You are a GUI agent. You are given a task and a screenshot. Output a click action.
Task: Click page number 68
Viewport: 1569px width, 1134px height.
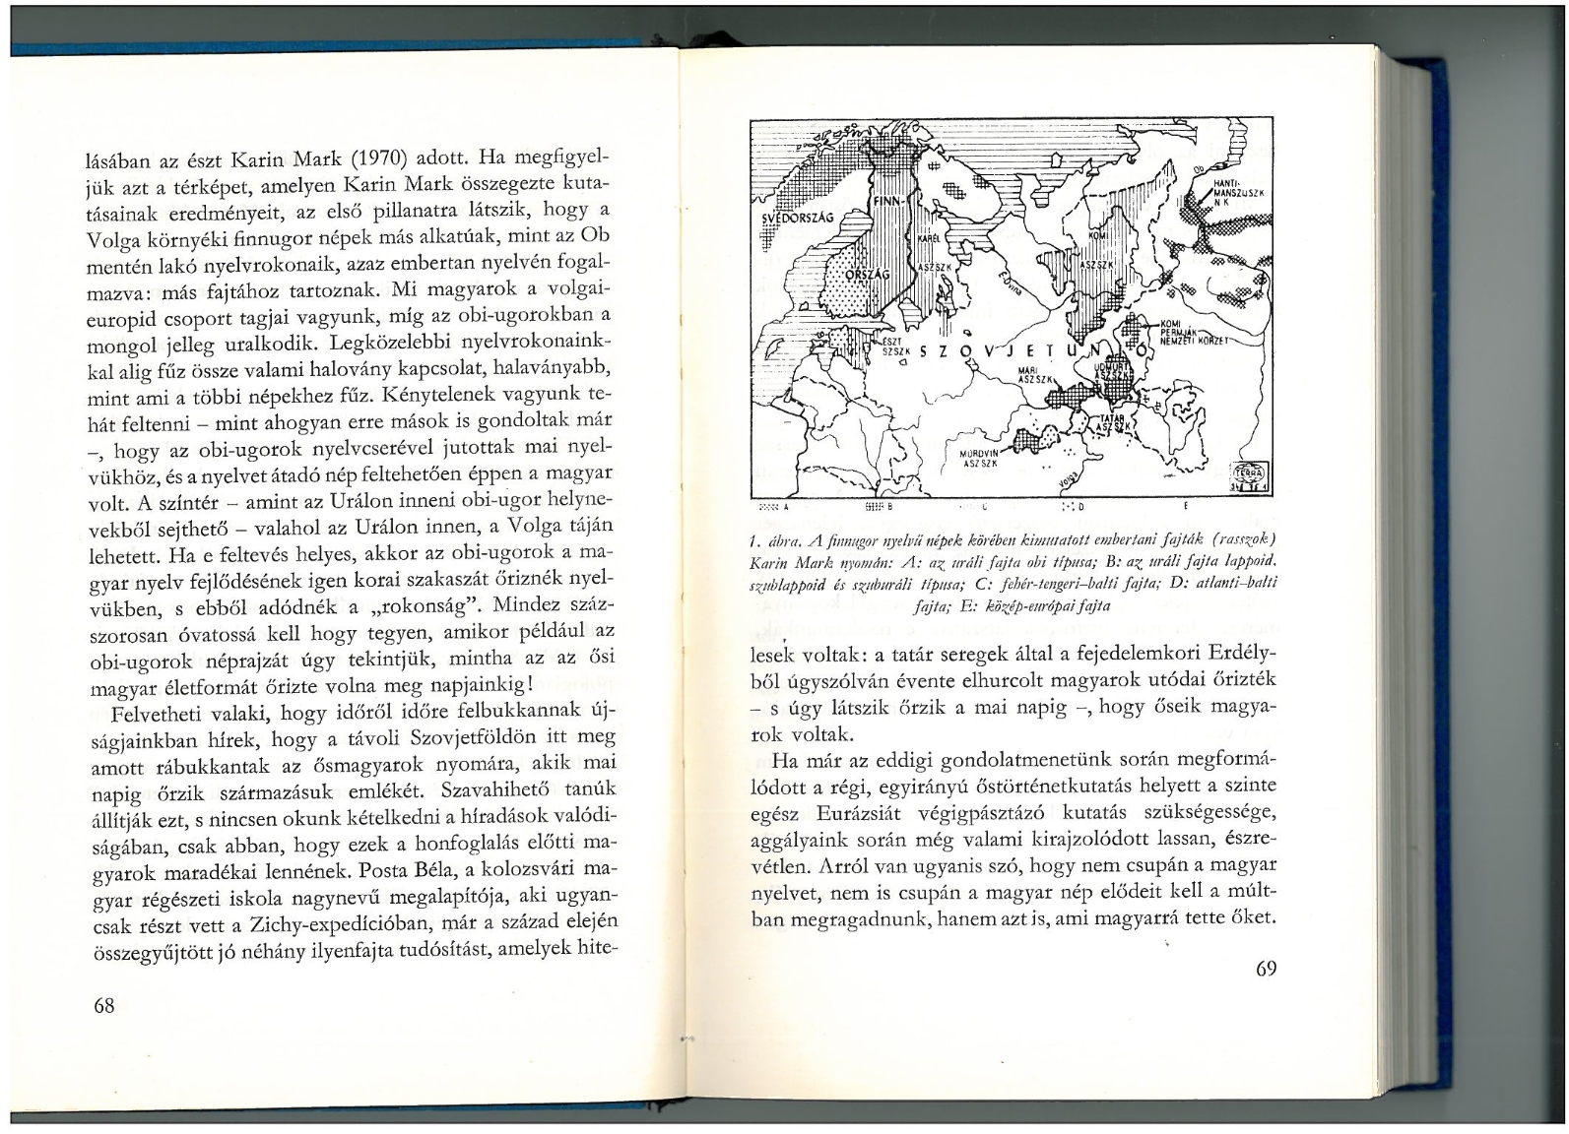click(103, 1005)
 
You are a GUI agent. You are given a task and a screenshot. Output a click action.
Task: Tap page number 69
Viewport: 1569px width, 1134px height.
click(1267, 969)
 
